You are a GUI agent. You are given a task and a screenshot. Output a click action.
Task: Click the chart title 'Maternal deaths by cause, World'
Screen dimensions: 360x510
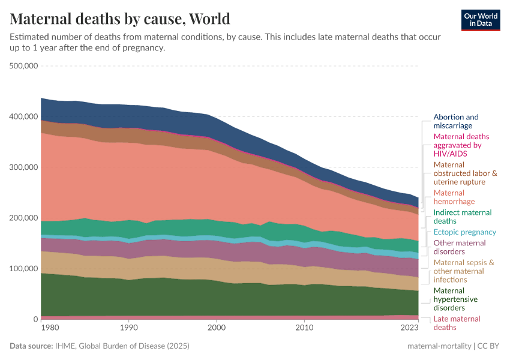120,19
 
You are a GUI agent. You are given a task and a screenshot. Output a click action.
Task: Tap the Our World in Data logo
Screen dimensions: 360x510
481,19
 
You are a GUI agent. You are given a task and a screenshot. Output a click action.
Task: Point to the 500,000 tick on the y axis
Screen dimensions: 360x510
25,65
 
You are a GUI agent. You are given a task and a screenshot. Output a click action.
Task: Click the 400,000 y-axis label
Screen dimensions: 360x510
25,116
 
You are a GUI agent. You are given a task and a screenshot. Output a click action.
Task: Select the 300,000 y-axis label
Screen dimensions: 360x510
25,167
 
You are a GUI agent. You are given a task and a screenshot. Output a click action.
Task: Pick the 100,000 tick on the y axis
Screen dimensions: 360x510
25,268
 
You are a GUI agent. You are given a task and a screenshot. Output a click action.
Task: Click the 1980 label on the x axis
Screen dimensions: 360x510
50,328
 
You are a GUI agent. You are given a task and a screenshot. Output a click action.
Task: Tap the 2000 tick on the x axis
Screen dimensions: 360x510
217,328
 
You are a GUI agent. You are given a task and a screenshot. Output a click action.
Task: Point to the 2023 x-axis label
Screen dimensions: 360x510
409,328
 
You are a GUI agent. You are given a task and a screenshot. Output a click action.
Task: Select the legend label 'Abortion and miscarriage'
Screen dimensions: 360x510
456,121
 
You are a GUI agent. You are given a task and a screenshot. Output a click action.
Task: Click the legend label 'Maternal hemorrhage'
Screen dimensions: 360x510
449,197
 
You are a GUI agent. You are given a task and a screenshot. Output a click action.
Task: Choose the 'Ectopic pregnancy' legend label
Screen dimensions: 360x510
465,232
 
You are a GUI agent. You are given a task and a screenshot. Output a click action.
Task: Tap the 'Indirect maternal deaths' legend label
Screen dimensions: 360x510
462,217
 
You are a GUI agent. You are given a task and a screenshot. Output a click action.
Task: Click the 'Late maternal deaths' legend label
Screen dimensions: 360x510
457,323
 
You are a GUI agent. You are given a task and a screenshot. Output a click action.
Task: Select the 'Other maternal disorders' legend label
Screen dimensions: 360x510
460,247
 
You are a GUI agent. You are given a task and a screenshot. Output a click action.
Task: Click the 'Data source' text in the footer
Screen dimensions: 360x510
31,346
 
